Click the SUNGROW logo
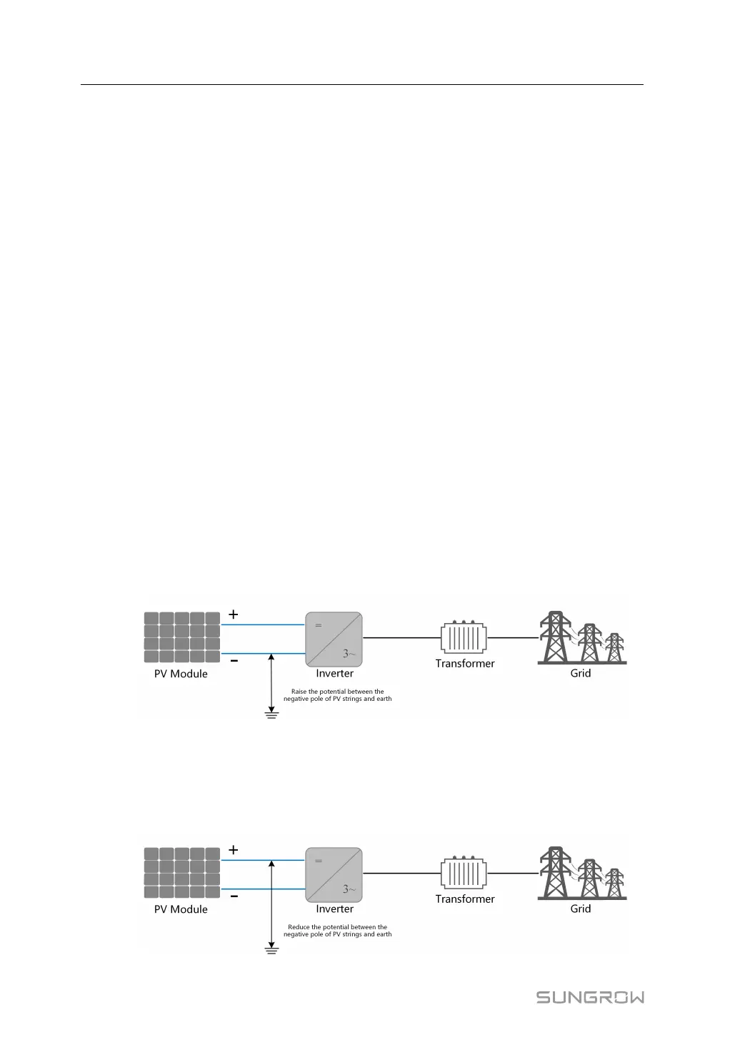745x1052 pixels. pos(590,997)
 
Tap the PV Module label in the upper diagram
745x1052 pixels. pos(181,674)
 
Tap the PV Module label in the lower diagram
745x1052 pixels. pos(181,909)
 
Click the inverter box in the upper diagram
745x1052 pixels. pos(334,639)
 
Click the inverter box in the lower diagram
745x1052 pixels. pos(334,874)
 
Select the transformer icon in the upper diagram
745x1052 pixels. pos(464,637)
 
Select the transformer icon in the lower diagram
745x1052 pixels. pos(464,872)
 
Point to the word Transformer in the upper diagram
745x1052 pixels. pos(465,664)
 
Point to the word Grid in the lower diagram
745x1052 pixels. pos(581,909)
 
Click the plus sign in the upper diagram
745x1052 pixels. pos(233,614)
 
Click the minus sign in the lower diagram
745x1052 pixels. pos(234,896)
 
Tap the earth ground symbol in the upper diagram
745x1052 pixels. pos(271,714)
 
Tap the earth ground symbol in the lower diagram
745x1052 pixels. pos(271,949)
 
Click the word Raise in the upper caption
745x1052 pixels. pos(299,692)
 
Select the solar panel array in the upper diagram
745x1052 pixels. pos(181,637)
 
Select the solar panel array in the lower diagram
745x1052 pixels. pos(181,873)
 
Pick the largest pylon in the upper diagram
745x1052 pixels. pos(554,637)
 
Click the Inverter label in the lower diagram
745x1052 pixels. pos(335,909)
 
